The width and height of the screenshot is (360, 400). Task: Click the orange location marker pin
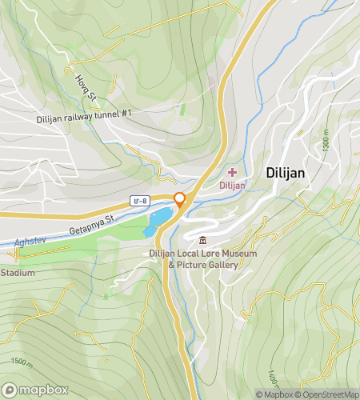tap(180, 200)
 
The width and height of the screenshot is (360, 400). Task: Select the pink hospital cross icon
tap(233, 172)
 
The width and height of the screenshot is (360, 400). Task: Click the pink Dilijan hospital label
tap(232, 186)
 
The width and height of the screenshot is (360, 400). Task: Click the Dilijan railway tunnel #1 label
tap(84, 117)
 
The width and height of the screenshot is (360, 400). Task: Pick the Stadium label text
tap(18, 273)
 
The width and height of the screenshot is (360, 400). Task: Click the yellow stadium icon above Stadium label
tap(16, 254)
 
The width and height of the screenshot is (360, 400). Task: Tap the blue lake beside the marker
tap(157, 221)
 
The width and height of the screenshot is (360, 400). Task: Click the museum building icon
tap(202, 240)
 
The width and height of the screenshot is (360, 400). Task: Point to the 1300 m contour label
tap(326, 142)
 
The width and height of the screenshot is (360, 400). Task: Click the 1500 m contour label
tap(24, 362)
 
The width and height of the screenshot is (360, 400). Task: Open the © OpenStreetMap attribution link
tap(328, 394)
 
